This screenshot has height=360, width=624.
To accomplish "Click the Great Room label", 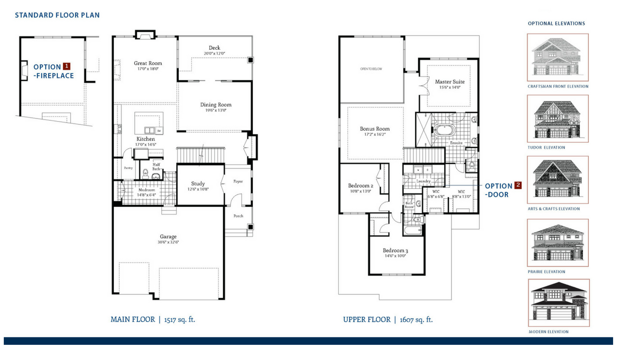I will click(148, 63).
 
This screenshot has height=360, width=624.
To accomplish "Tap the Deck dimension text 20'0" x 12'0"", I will click(214, 54).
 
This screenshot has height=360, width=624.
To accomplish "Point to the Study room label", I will click(198, 184).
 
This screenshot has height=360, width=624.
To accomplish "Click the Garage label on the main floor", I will click(168, 237).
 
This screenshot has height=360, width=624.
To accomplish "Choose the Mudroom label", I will click(147, 190).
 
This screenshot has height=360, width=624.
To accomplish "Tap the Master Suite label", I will click(450, 82).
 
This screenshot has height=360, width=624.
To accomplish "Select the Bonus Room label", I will click(374, 129).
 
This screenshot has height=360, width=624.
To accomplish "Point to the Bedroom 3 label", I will click(395, 250).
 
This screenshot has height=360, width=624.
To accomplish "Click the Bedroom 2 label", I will click(360, 185).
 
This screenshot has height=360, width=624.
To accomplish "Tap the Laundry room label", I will click(423, 181).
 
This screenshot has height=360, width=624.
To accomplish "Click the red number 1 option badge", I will click(67, 66).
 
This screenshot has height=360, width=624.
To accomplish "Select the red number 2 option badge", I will click(518, 185).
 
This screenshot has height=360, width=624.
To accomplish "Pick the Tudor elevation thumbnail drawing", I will click(558, 119).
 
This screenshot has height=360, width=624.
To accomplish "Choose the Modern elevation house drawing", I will click(559, 303).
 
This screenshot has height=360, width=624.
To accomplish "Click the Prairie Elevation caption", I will click(546, 272).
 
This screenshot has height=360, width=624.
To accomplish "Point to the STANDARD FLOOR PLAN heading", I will click(57, 15).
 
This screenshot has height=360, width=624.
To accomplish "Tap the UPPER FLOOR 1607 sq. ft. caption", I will click(388, 320).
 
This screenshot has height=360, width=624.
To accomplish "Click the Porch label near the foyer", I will click(238, 216).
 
